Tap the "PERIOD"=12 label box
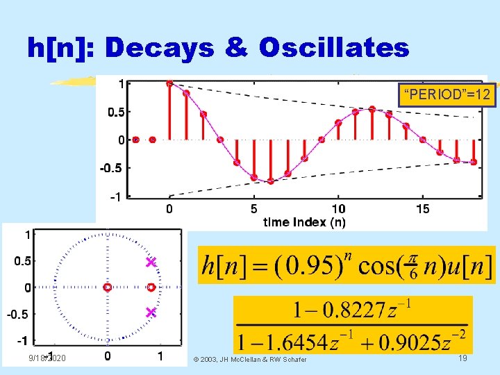click(447, 94)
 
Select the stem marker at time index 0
click(169, 83)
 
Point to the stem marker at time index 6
click(271, 182)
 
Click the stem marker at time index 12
click(372, 108)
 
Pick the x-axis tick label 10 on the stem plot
click(338, 208)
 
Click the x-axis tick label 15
click(422, 208)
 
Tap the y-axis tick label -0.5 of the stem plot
click(109, 168)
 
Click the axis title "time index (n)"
click(304, 222)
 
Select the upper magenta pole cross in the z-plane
click(150, 262)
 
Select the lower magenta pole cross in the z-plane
click(150, 312)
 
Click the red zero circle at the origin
click(107, 287)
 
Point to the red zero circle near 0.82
click(151, 287)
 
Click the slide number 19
click(462, 357)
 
